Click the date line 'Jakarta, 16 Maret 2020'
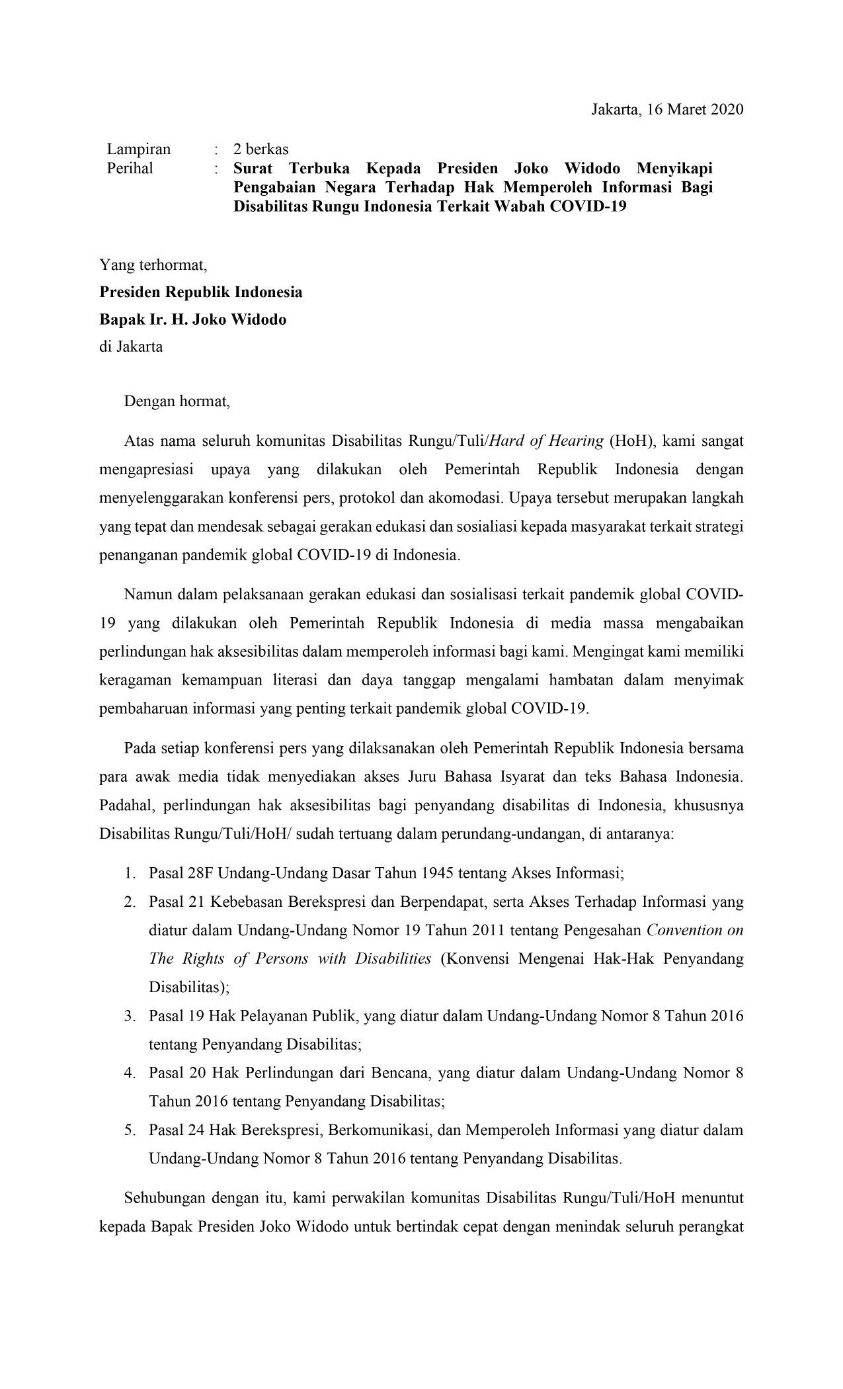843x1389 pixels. coord(667,109)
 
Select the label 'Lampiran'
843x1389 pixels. coord(139,149)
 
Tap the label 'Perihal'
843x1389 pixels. coord(130,168)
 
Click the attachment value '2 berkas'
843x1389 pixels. coord(261,149)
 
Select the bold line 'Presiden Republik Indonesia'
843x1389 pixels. coord(201,292)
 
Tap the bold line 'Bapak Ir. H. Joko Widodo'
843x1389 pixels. coord(193,319)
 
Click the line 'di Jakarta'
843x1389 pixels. coord(131,346)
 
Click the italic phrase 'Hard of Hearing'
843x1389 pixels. coord(545,441)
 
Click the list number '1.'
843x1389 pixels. coord(129,873)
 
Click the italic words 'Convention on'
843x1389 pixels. coord(695,930)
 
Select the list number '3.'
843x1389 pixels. coord(129,1015)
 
